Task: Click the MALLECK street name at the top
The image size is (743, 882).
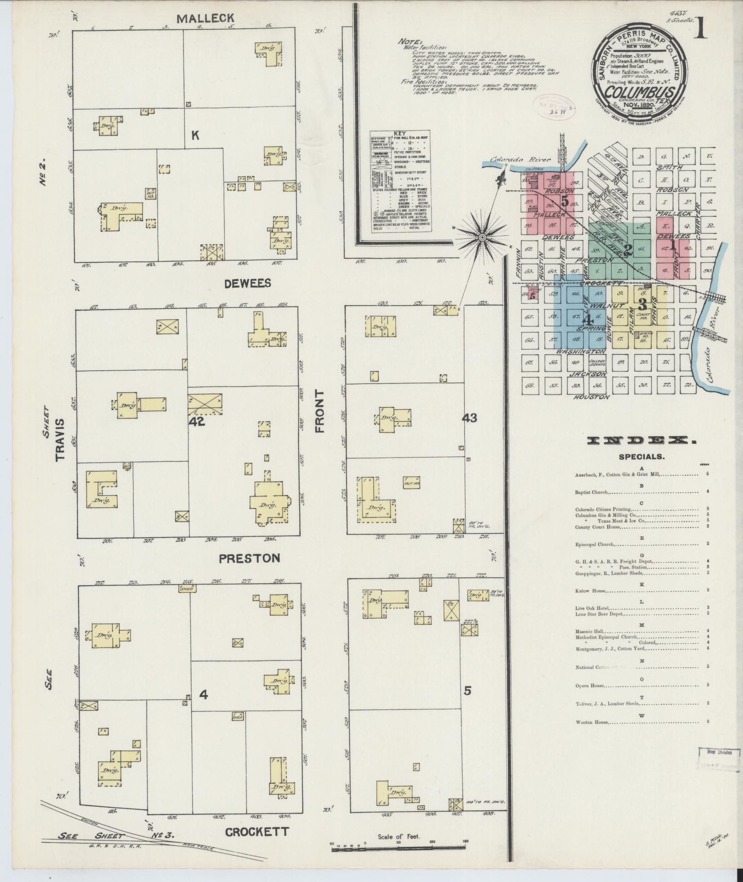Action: click(205, 18)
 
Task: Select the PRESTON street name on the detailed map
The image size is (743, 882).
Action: click(249, 558)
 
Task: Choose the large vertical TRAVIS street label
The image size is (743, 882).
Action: click(60, 440)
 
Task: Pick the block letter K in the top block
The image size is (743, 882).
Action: click(195, 135)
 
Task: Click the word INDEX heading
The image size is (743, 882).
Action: click(642, 441)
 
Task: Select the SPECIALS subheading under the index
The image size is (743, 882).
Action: click(642, 457)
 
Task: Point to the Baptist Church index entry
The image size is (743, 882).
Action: click(592, 492)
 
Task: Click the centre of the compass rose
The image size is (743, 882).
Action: click(482, 237)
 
